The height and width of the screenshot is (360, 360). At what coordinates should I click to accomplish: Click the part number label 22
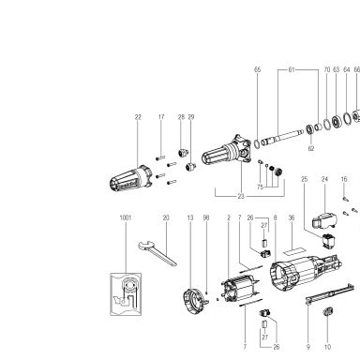tap(138, 117)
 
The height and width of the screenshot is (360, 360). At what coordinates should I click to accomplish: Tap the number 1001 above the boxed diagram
tap(126, 217)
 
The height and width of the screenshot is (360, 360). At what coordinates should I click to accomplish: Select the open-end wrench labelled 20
tap(157, 252)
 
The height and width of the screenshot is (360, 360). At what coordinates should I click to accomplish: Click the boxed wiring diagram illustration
tap(126, 294)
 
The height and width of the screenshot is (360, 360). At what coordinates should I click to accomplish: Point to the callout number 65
tap(257, 69)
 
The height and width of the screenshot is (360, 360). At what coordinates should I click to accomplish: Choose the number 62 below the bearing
tap(311, 148)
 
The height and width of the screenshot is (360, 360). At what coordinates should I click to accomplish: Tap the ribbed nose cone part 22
tap(130, 178)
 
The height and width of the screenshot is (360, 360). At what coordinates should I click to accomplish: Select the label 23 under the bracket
tap(241, 196)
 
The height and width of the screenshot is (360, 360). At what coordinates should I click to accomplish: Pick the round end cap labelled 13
tap(193, 301)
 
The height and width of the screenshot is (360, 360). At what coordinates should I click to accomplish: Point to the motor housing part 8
tap(307, 273)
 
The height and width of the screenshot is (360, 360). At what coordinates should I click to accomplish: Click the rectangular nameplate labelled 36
tap(293, 250)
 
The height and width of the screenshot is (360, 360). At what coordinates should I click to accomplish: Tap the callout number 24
tap(324, 179)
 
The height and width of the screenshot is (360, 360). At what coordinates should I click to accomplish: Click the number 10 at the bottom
tap(327, 347)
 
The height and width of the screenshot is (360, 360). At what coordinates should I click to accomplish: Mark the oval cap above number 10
tap(328, 312)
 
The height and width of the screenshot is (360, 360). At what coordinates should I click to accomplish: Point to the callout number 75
tap(260, 187)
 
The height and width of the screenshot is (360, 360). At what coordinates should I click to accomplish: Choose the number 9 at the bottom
tap(308, 347)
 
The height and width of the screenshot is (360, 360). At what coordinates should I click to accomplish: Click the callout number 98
tap(206, 217)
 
